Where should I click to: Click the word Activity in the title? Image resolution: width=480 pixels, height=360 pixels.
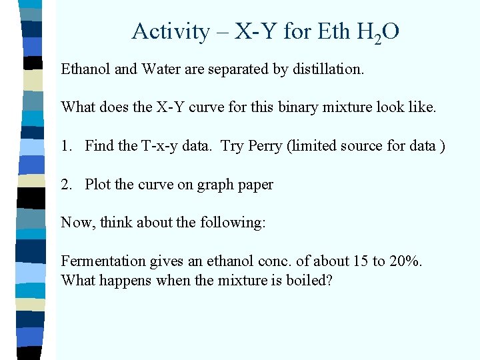click(x=161, y=31)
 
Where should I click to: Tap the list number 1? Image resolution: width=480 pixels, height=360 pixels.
click(x=65, y=145)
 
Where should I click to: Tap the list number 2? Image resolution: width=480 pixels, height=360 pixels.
click(x=65, y=184)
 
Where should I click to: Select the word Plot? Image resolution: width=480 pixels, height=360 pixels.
click(x=99, y=184)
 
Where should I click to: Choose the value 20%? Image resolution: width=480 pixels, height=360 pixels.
click(x=405, y=261)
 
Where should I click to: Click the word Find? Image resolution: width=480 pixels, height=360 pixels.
click(x=100, y=145)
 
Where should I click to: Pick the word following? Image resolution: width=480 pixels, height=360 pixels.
click(x=233, y=222)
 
